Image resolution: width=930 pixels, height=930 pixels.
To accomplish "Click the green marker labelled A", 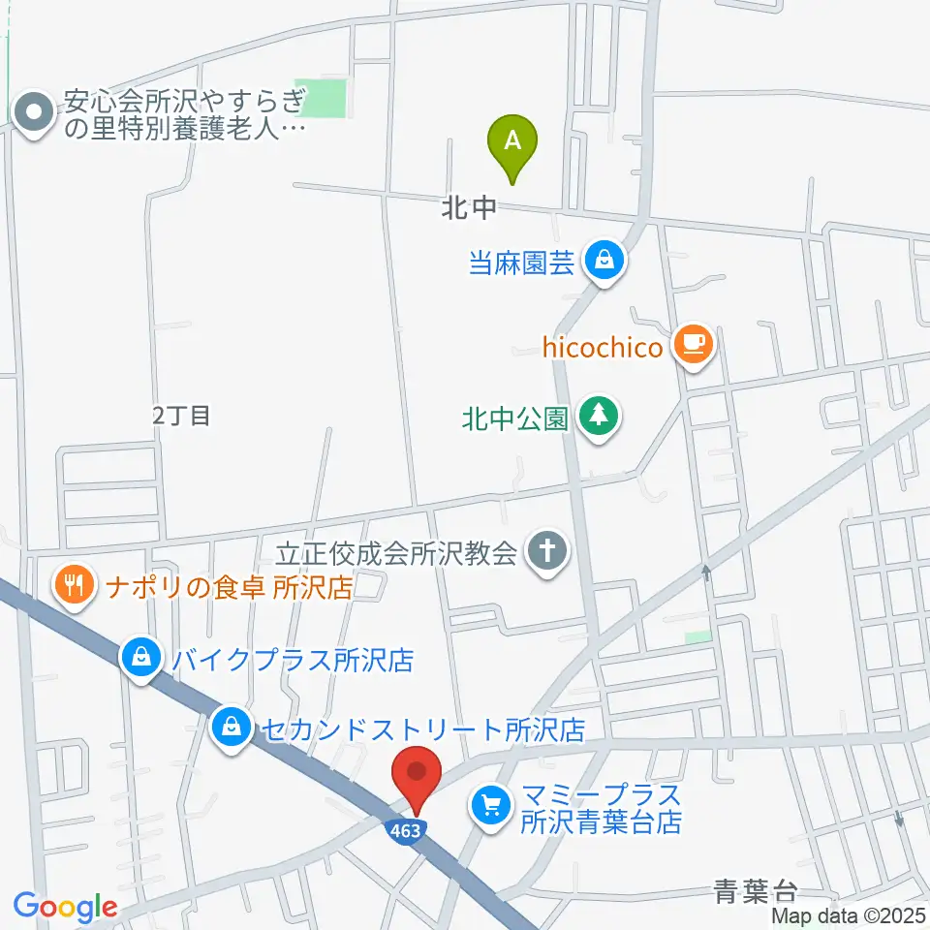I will tap(513, 141).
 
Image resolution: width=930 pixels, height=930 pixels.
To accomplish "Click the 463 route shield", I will tap(408, 830).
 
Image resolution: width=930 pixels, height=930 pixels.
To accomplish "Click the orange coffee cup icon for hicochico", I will tap(694, 343).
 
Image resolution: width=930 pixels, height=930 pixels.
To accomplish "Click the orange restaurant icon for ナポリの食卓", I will tap(76, 585).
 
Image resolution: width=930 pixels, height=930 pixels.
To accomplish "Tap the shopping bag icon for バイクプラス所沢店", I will tap(142, 659).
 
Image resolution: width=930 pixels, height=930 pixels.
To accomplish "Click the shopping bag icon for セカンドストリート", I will tap(232, 725).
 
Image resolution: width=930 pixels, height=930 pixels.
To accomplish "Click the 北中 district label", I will tap(469, 208).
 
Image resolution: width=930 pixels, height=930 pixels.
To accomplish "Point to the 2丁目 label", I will tap(181, 416).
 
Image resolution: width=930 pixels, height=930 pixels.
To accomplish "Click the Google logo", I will tap(65, 906).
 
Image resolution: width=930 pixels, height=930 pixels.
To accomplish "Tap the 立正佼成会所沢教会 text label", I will tap(397, 553).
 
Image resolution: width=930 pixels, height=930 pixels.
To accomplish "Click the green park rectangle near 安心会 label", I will tap(321, 99).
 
